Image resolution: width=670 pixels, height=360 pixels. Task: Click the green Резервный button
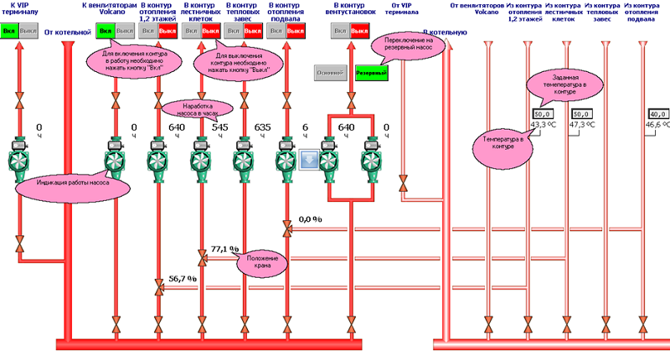point(372,73)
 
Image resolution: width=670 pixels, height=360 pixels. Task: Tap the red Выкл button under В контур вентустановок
point(360,32)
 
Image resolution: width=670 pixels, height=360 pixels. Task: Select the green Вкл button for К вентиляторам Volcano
point(106,32)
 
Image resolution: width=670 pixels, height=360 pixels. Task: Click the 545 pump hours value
point(219,127)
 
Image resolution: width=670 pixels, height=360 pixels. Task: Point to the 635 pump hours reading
point(262,127)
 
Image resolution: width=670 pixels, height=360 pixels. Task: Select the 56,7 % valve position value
point(182,278)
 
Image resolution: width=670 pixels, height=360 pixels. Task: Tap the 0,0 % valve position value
point(310,219)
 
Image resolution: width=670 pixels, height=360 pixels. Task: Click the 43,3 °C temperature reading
point(544,125)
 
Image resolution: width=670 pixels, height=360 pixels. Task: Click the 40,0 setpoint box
point(657,114)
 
